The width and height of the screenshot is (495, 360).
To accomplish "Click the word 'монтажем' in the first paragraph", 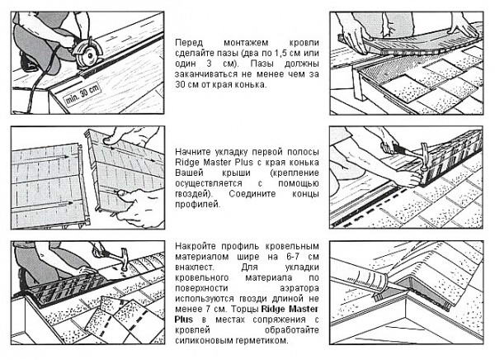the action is (x=246, y=43).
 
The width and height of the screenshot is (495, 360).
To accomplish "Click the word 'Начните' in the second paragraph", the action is (x=193, y=152).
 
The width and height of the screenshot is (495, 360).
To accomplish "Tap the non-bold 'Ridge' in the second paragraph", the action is (x=187, y=163).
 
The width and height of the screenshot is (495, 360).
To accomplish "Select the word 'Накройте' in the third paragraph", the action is (x=195, y=246).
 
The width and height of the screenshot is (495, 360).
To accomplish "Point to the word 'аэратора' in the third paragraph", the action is (x=299, y=288).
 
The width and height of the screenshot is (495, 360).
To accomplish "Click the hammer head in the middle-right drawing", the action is (x=424, y=154).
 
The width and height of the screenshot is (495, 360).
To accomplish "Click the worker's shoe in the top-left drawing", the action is (x=28, y=64).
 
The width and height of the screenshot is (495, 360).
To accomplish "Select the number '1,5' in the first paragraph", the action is (x=280, y=53).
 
